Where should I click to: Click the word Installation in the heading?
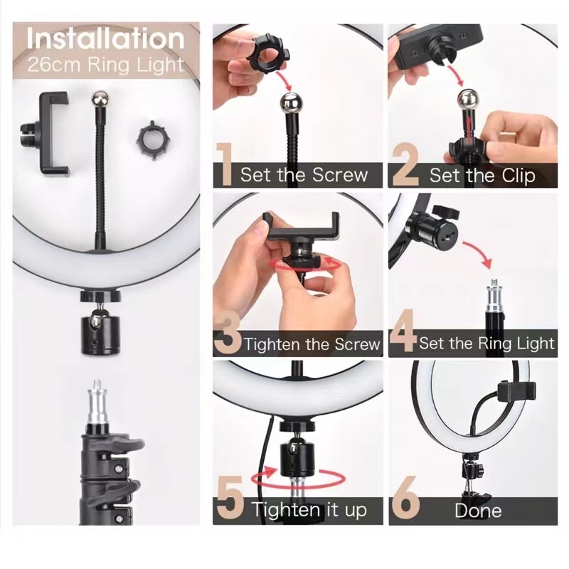pyautogui.click(x=105, y=38)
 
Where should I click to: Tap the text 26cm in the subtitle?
pyautogui.click(x=54, y=65)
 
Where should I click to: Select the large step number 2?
pyautogui.click(x=405, y=165)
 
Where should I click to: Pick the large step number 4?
pyautogui.click(x=403, y=331)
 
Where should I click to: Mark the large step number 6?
pyautogui.click(x=406, y=498)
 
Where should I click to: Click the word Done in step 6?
pyautogui.click(x=478, y=511)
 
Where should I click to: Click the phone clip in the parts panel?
pyautogui.click(x=46, y=134)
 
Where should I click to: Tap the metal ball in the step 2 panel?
pyautogui.click(x=467, y=99)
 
